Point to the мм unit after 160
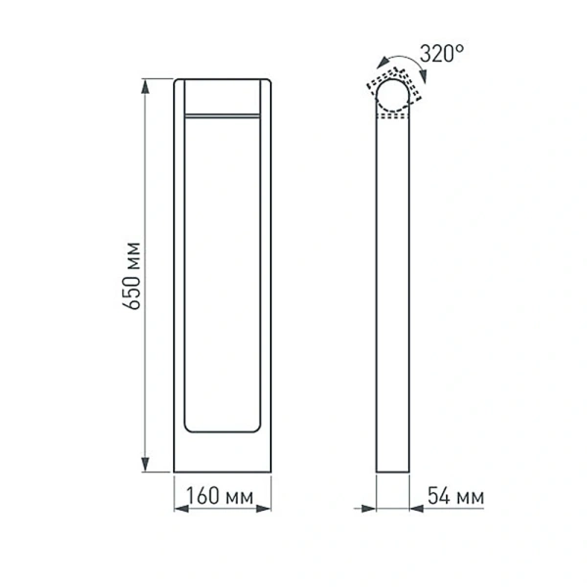click(x=236, y=499)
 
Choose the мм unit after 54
click(x=471, y=499)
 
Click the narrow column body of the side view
click(x=394, y=293)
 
